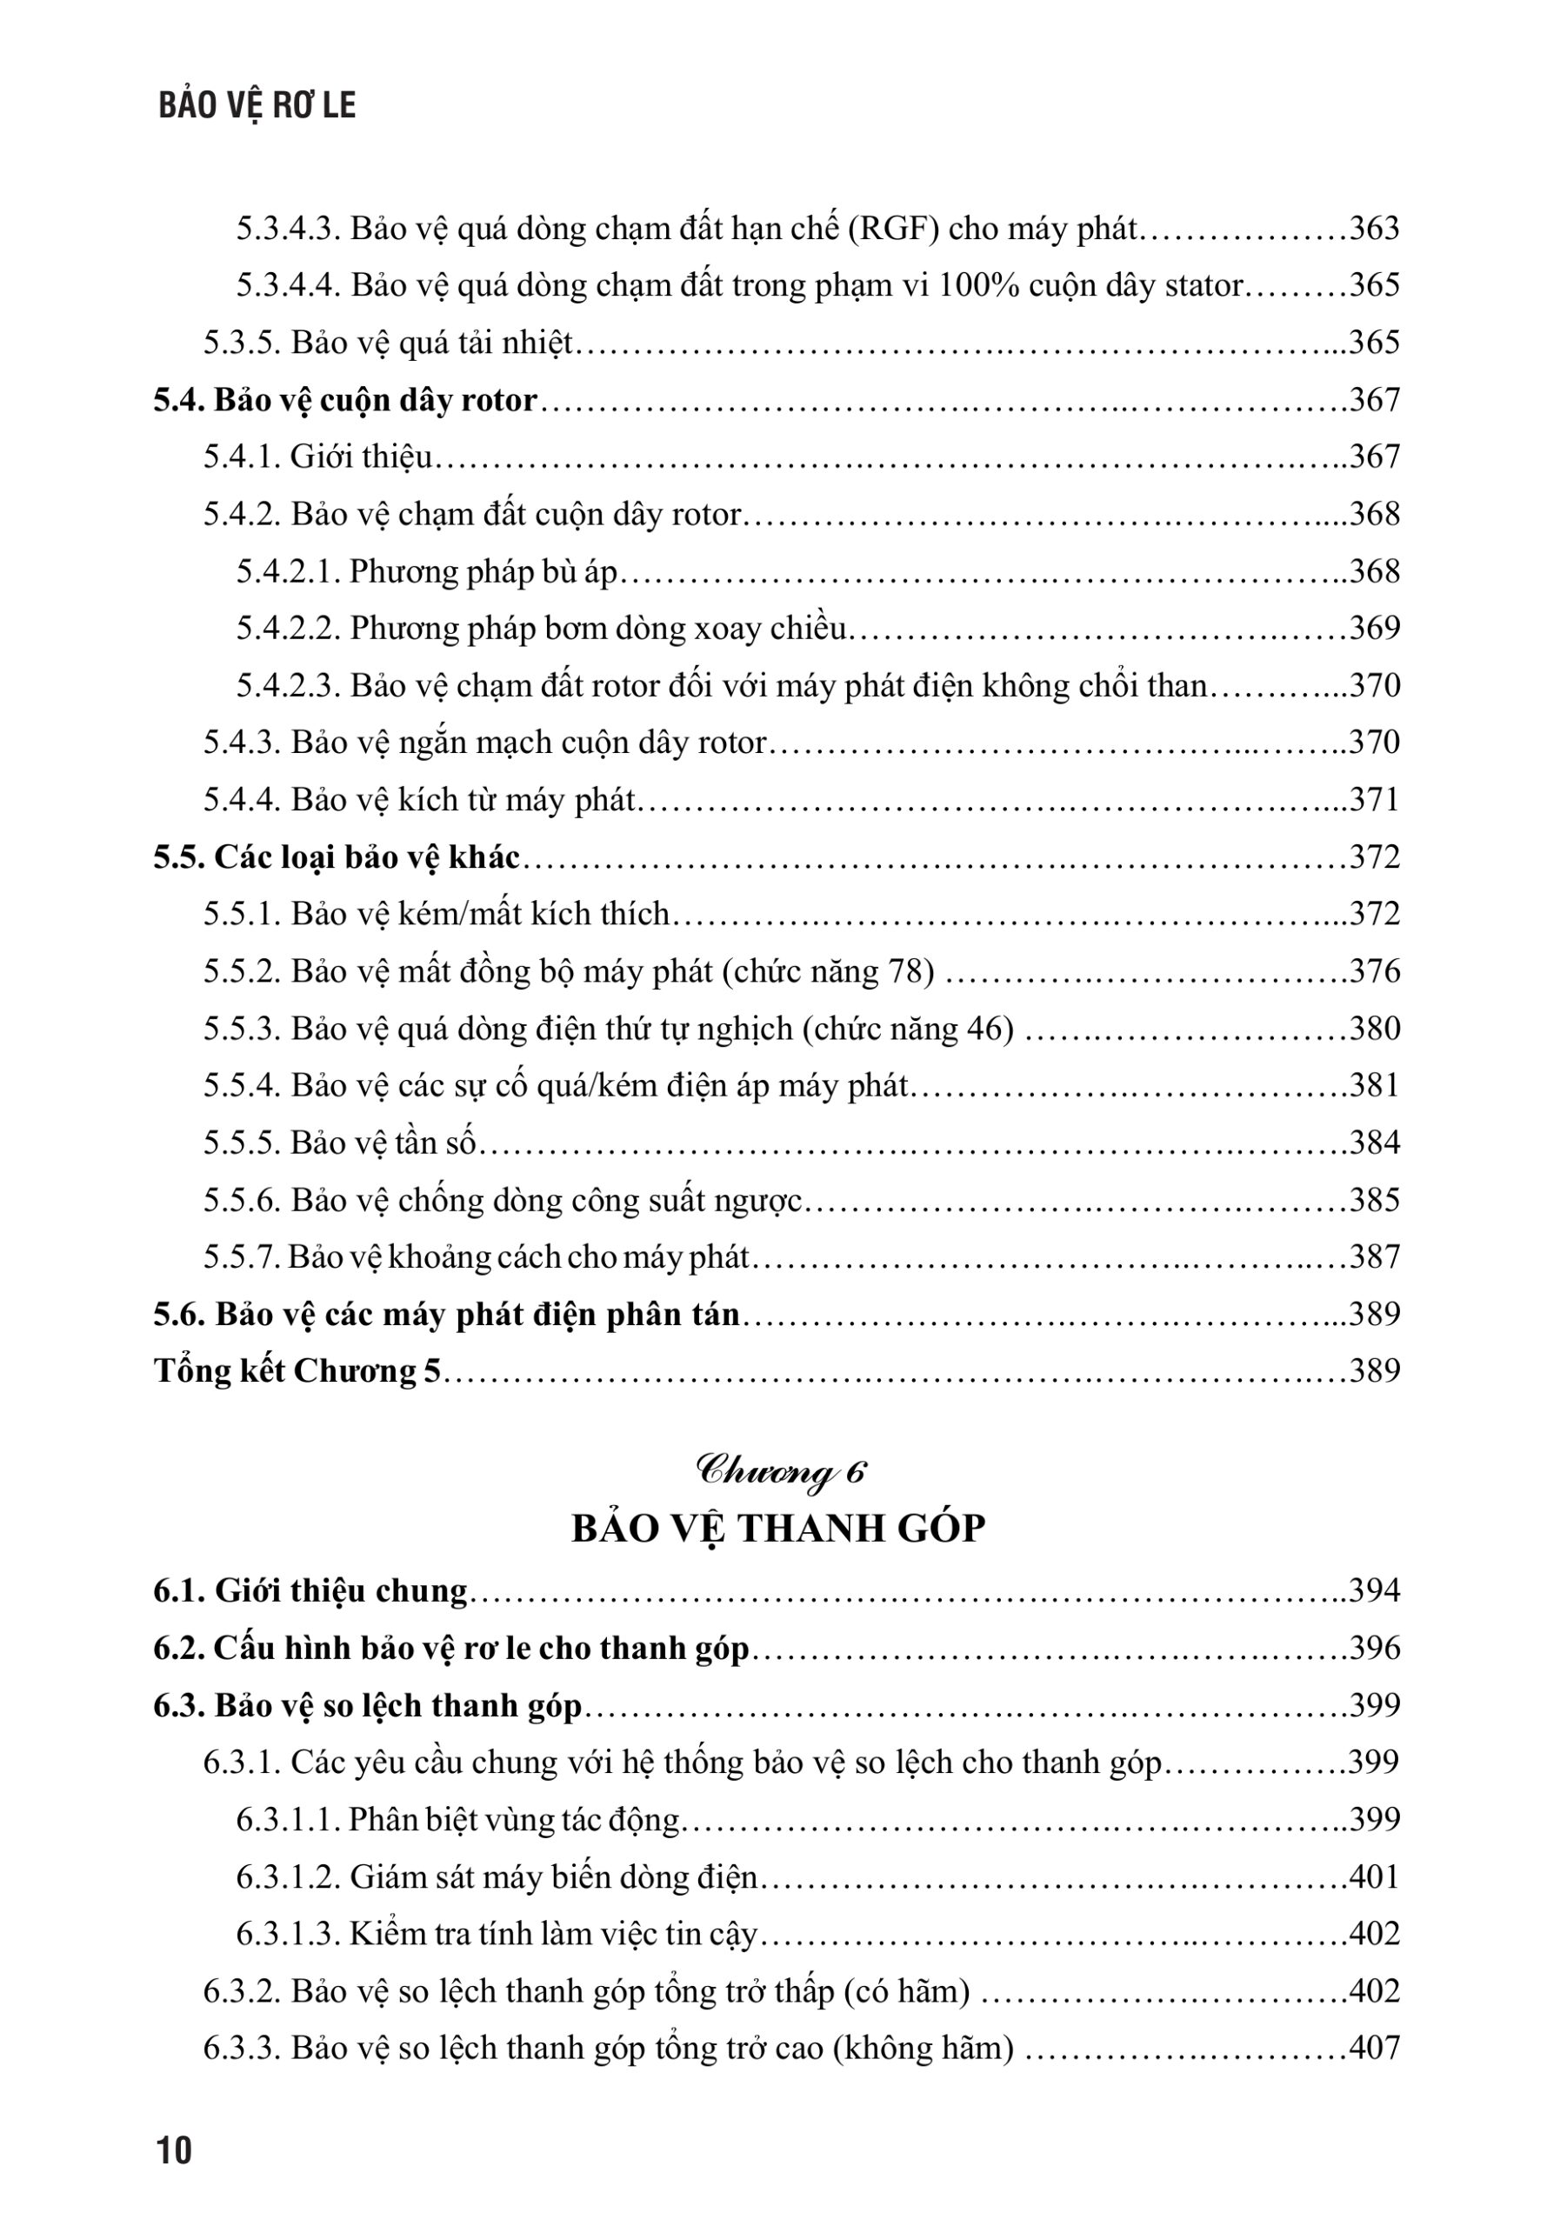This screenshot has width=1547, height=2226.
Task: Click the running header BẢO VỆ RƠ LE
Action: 257,105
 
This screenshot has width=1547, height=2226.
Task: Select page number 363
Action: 1375,229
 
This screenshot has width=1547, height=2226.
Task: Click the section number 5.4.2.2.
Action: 288,628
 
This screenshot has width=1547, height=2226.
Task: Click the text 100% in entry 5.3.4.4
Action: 978,286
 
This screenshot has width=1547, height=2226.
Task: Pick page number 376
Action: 1375,971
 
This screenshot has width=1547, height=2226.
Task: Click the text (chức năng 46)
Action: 908,1028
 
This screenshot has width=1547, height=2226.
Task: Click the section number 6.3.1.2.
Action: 288,1877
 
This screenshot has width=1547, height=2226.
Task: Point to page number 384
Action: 1375,1143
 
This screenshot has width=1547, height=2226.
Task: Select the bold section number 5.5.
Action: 178,857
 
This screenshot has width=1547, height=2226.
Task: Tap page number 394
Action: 1375,1591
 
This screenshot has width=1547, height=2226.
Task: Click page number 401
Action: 1375,1877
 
